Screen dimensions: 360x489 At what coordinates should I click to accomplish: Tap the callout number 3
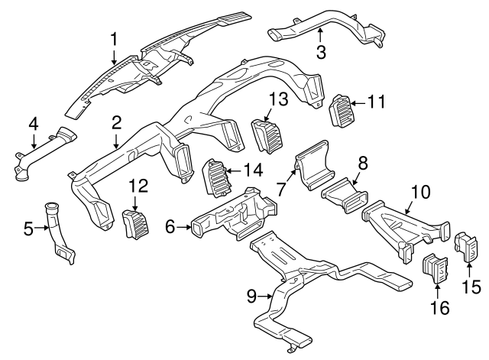(321, 52)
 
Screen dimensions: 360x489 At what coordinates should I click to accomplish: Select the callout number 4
(33, 122)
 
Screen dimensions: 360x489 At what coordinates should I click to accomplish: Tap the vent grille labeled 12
(135, 225)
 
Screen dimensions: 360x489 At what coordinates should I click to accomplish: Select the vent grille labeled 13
(266, 135)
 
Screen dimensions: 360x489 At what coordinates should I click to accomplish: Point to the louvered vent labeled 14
(215, 178)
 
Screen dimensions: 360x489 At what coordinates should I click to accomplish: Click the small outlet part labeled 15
(466, 246)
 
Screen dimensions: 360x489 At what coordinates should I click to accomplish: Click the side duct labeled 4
(42, 157)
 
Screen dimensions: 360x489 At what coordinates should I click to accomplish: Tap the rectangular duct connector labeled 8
(341, 197)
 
